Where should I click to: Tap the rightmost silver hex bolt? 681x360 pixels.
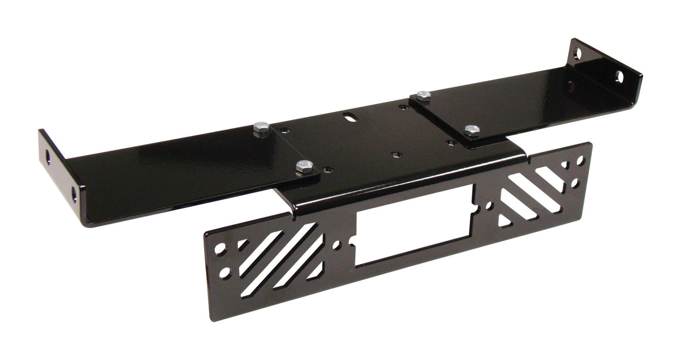471,130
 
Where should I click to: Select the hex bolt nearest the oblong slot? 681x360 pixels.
423,95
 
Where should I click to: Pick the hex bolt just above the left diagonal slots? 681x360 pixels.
303,166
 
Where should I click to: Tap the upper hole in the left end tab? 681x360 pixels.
47,156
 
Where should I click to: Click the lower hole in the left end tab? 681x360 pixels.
74,193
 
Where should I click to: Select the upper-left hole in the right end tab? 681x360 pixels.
578,53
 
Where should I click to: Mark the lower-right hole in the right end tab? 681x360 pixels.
619,77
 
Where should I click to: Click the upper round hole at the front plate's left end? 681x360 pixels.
220,248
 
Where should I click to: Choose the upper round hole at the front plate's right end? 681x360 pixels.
580,160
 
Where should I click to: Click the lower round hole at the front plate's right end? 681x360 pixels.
575,183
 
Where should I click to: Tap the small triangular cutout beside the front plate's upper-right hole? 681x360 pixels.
564,166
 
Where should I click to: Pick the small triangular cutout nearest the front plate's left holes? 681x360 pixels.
242,244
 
